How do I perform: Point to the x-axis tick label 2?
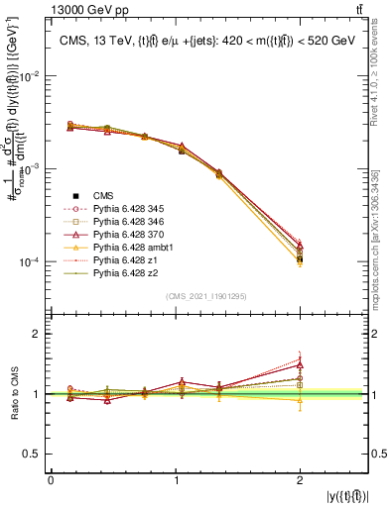click(x=301, y=480)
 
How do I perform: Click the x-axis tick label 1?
click(x=176, y=480)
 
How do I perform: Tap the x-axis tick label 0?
click(x=51, y=480)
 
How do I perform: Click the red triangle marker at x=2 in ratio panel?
click(x=301, y=364)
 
